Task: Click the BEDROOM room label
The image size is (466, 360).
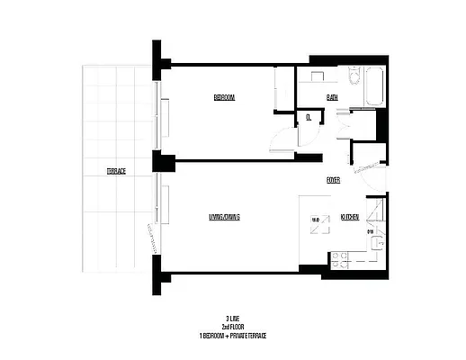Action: coord(224,98)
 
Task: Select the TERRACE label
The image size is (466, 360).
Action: coord(115,171)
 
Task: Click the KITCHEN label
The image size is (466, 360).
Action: coord(350,217)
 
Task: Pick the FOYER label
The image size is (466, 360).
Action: coord(333,181)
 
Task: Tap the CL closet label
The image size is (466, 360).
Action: coord(309,117)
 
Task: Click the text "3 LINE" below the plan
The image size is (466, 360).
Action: coord(233,319)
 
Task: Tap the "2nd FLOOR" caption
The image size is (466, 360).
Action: coord(233,327)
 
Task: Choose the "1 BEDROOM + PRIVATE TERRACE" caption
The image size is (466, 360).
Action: coord(233,336)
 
